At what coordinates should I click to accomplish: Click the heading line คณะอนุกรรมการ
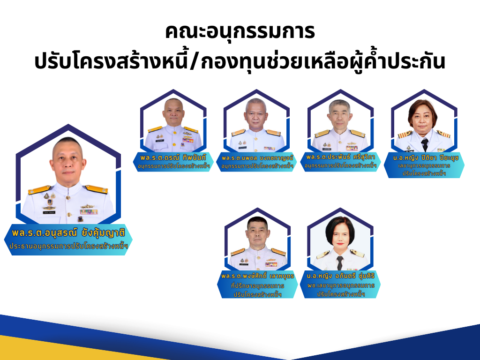point(240,32)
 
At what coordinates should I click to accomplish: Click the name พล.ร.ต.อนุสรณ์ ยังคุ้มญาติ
point(68,233)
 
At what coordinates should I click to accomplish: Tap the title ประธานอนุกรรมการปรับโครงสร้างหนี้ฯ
point(68,246)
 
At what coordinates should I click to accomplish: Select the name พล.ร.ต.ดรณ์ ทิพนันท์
point(173,157)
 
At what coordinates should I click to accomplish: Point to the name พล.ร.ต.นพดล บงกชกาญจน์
point(257,158)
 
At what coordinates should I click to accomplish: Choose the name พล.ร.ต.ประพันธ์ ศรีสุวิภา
point(341,157)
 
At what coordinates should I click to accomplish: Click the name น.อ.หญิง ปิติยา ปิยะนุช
point(426,158)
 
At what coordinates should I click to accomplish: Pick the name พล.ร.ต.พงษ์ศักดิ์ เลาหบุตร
point(257,276)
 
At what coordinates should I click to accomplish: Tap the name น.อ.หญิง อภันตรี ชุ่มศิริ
point(341,276)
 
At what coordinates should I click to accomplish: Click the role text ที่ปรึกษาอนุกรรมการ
point(257,286)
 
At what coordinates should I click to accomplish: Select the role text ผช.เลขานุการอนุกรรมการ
point(341,285)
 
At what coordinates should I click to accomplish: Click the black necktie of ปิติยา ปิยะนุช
point(424,144)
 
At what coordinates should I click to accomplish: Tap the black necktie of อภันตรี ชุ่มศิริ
point(340,263)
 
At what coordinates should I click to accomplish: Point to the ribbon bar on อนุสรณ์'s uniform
point(89,212)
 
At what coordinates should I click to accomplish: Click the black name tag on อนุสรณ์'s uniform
point(49,212)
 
